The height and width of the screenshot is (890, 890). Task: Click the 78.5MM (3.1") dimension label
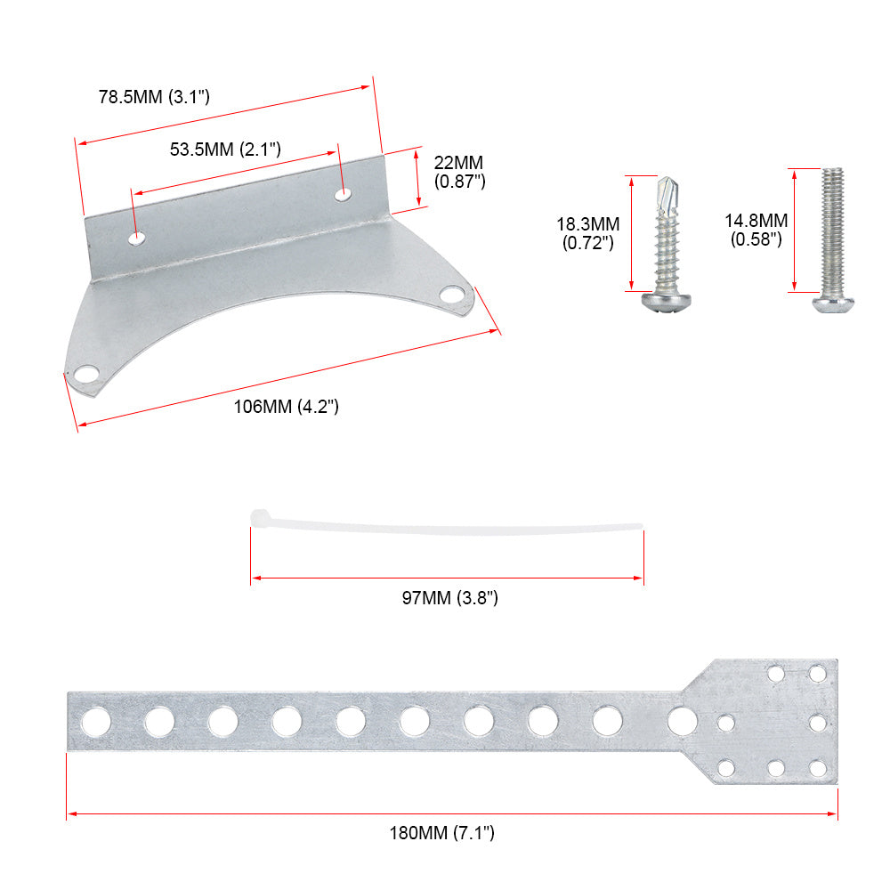click(154, 97)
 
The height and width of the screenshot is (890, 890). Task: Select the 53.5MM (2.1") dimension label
click(225, 149)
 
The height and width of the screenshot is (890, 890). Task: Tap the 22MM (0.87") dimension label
click(459, 172)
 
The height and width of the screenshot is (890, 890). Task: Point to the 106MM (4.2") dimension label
click(286, 407)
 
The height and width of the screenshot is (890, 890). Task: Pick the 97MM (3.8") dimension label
click(449, 598)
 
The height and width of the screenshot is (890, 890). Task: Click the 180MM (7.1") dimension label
click(441, 833)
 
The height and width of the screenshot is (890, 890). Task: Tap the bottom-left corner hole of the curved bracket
click(86, 375)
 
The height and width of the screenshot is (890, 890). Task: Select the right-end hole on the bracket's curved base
click(452, 295)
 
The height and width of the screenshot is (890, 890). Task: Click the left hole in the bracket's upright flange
click(136, 238)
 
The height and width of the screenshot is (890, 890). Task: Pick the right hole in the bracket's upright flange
click(343, 193)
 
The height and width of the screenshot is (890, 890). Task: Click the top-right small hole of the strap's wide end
click(816, 673)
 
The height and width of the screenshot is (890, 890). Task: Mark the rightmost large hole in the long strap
click(683, 720)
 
